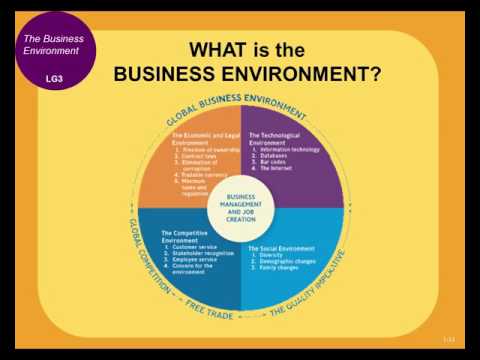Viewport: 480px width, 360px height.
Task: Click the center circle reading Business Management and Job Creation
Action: (x=241, y=207)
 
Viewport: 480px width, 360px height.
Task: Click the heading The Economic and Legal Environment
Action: (x=204, y=139)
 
